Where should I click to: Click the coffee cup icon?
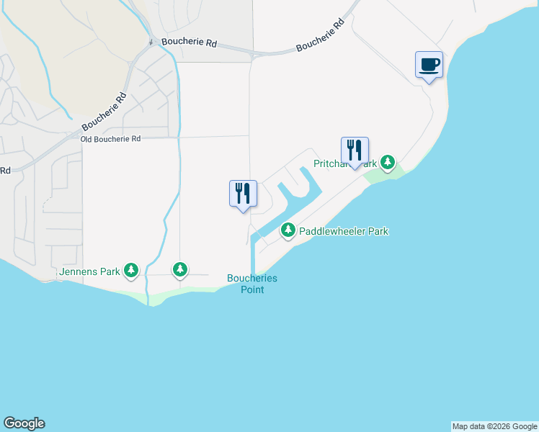429,65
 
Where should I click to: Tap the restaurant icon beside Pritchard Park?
355,150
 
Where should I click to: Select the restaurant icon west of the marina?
243,193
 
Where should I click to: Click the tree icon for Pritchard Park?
388,163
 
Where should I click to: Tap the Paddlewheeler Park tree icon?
288,230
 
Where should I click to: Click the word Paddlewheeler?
331,231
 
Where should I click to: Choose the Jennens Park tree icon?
130,271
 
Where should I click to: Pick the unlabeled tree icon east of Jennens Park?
180,270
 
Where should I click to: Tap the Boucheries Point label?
252,284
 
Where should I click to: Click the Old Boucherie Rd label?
110,138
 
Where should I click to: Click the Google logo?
24,423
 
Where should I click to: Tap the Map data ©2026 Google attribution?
494,426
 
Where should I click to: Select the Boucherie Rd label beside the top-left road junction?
189,42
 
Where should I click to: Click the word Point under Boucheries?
252,289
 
